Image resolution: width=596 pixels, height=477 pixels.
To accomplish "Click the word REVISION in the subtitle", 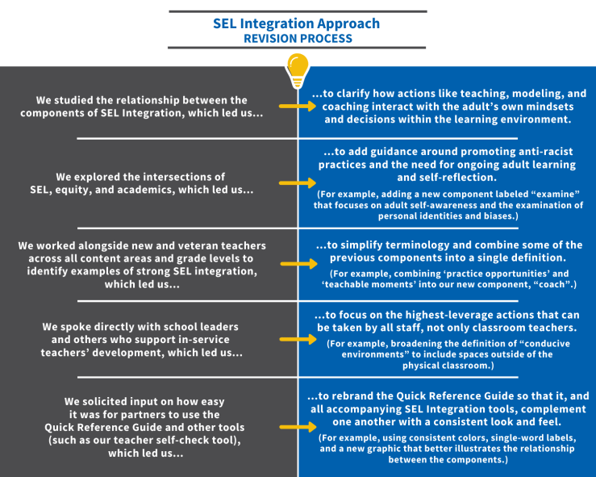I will pyautogui.click(x=272, y=38).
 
